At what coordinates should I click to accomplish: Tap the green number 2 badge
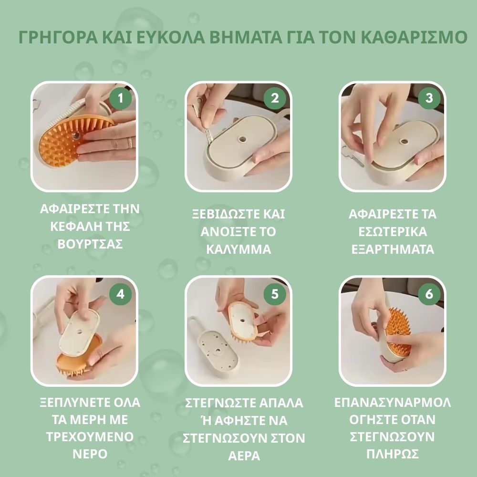(275, 98)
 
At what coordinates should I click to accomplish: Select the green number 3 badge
(429, 98)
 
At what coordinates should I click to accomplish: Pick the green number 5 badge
(275, 294)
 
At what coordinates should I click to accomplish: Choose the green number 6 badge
(429, 294)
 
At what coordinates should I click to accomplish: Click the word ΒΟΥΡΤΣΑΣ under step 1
(90, 244)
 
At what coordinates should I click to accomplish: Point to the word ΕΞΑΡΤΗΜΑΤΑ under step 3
(392, 249)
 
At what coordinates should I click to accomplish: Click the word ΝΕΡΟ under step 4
(90, 453)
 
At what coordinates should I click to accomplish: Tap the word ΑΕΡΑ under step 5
(244, 455)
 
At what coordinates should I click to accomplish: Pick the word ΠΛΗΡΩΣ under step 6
(392, 453)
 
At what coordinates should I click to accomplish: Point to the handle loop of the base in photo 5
(194, 325)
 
